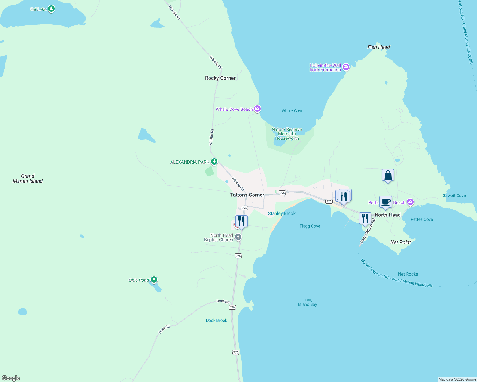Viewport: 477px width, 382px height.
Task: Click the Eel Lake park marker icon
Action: click(x=51, y=9)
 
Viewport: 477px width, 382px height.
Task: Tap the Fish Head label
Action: click(x=378, y=47)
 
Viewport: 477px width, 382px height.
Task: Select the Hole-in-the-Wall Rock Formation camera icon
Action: click(x=346, y=67)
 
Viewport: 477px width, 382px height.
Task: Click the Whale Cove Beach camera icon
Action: click(x=257, y=109)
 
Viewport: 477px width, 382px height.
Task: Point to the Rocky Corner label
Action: click(x=220, y=78)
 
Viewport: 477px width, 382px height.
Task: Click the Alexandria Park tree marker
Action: click(x=214, y=162)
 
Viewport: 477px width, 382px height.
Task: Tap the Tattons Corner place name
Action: click(x=247, y=195)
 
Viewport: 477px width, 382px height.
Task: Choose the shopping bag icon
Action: click(x=388, y=175)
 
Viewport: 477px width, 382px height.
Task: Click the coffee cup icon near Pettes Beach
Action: click(x=385, y=202)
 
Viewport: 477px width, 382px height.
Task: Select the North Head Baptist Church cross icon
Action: click(x=238, y=237)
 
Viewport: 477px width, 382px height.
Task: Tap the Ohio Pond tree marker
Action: click(x=154, y=280)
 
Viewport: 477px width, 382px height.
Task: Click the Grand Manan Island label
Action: click(x=28, y=179)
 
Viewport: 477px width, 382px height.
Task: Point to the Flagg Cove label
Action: click(x=310, y=226)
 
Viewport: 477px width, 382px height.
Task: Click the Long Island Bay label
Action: click(x=307, y=302)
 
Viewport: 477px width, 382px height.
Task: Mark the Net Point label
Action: click(x=400, y=242)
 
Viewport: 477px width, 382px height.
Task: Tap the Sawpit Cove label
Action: click(x=454, y=195)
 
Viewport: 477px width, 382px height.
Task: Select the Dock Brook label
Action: click(x=216, y=320)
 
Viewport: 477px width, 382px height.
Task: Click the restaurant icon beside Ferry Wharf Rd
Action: click(x=365, y=218)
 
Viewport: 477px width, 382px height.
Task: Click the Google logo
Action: click(x=11, y=378)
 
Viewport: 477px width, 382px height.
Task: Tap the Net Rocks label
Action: click(x=408, y=274)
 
